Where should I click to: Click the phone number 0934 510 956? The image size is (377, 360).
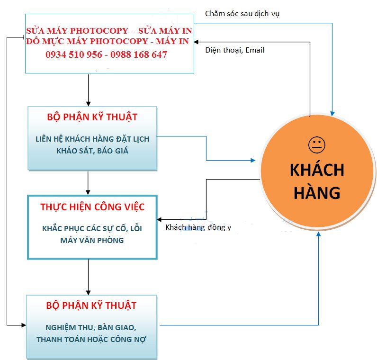[x=73, y=54]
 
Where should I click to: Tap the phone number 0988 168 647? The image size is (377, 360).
[x=139, y=54]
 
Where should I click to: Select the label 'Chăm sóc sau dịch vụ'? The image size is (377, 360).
[x=242, y=13]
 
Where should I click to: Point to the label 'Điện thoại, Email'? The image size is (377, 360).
[x=234, y=50]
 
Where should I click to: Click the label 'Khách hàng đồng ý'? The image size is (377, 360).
[x=198, y=227]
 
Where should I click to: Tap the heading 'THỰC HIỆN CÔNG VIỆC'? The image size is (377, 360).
[x=92, y=207]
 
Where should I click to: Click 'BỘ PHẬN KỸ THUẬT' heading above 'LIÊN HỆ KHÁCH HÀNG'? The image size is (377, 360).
[x=92, y=117]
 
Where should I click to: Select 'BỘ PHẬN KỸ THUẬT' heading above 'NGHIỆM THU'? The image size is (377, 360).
[x=91, y=305]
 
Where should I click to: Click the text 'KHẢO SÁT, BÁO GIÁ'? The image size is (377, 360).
[x=92, y=151]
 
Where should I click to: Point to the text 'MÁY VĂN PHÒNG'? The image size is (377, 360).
[x=92, y=240]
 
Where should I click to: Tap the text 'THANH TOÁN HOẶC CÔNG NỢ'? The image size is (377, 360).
[x=91, y=339]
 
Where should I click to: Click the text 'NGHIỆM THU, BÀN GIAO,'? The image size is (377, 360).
[x=91, y=327]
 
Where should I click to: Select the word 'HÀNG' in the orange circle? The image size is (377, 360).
[x=316, y=192]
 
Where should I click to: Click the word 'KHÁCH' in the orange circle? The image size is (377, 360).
[x=316, y=170]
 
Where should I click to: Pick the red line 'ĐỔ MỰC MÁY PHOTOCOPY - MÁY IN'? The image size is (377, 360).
[x=108, y=42]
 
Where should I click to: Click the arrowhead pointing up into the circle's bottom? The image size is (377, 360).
[x=319, y=235]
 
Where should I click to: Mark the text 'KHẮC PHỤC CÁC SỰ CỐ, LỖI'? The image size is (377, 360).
[x=92, y=228]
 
